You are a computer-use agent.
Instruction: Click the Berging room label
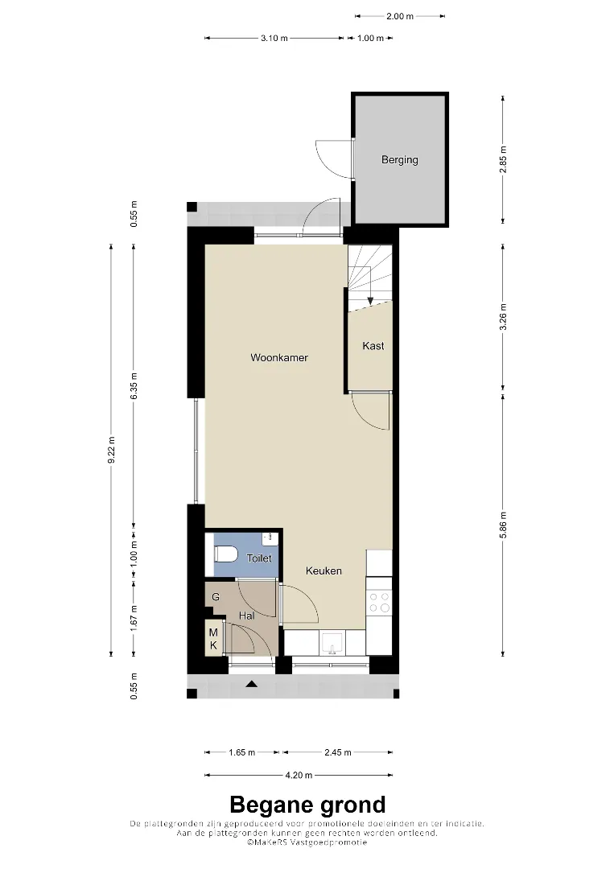point(400,160)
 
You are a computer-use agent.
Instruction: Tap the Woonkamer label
point(279,357)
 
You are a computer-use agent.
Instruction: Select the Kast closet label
point(373,346)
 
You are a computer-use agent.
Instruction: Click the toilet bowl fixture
point(226,554)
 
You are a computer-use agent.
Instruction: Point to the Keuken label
point(323,570)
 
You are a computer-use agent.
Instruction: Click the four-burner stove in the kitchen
point(380,603)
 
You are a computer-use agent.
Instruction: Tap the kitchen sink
point(332,644)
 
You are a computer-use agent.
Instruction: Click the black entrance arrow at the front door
point(252,684)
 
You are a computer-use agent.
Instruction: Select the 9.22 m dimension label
point(111,450)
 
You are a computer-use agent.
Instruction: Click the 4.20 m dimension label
point(299,775)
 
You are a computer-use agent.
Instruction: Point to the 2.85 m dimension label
point(503,159)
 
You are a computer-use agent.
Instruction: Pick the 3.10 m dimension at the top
point(274,39)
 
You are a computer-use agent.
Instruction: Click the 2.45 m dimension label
point(337,752)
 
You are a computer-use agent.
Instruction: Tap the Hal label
point(246,616)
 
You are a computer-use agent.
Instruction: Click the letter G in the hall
point(216,597)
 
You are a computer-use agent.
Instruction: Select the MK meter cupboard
point(213,639)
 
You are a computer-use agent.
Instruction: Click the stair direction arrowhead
point(371,301)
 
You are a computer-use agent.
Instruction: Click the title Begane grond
point(307,804)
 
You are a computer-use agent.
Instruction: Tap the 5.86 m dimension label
point(503,525)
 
